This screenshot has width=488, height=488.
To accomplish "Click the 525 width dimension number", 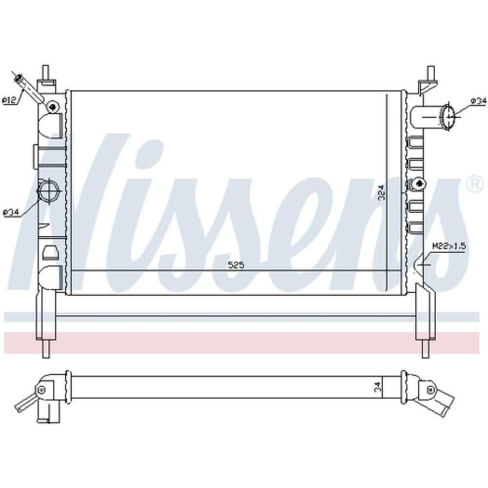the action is pos(236,265).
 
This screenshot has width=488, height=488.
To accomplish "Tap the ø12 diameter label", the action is pos(9,101).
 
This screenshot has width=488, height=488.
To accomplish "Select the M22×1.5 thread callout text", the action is pos(449,246).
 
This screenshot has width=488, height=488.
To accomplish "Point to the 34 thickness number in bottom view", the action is pos(377,387).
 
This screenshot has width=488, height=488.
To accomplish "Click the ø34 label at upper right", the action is pos(478,101).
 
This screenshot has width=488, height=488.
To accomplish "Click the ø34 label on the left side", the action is pos(11,213).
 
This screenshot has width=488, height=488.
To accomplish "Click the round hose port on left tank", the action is pos(48,190).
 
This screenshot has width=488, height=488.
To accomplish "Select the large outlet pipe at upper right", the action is pos(432,117).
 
